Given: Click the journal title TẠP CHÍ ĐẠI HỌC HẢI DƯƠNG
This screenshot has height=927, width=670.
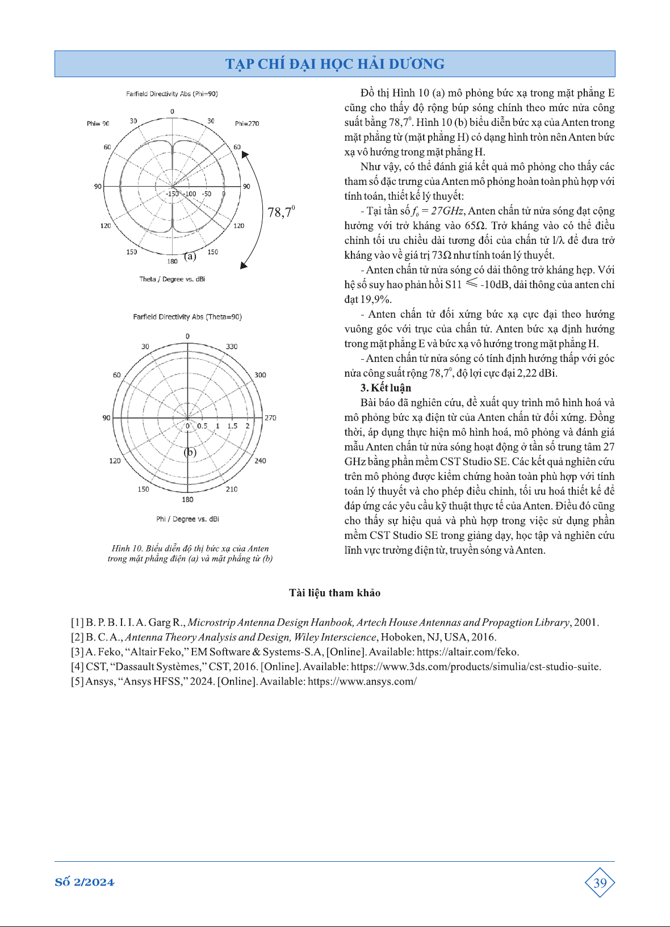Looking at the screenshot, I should pos(334,64).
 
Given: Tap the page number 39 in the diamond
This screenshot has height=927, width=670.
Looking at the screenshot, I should pos(600,883).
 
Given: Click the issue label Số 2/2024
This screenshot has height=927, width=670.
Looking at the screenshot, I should pos(85,882).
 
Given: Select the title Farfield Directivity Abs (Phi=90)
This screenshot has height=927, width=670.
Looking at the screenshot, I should pos(172,94).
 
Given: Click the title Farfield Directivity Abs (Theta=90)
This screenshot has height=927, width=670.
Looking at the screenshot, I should pos(187,317).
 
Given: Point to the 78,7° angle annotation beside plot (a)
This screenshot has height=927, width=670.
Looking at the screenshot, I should pos(280,212).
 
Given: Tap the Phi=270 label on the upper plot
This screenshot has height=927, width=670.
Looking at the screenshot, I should pos(247,123).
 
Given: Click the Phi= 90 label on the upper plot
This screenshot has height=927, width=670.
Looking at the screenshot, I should pos(98,123).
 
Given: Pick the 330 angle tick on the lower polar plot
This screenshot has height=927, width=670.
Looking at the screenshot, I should pos(232,346).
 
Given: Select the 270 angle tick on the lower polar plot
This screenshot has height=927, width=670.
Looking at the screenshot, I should pos(270,418).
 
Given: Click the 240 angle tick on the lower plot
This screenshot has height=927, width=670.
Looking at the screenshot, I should pos(260,461).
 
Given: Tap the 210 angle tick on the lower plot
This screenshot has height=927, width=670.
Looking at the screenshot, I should pos(232,489).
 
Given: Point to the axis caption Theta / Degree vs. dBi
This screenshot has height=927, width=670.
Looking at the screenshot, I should pos(172,279).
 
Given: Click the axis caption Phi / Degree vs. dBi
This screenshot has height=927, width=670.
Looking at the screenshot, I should pos(187,519).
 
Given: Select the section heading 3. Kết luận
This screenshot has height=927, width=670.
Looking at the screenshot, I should pos(386,388).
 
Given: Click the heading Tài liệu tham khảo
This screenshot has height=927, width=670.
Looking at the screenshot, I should pos(334,593).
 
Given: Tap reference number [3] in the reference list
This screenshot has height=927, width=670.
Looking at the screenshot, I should pos(77,652).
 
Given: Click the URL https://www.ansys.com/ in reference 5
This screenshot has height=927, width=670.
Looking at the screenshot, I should pos(362,681).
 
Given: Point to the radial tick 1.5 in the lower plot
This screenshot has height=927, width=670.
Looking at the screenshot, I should pos(232,425).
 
